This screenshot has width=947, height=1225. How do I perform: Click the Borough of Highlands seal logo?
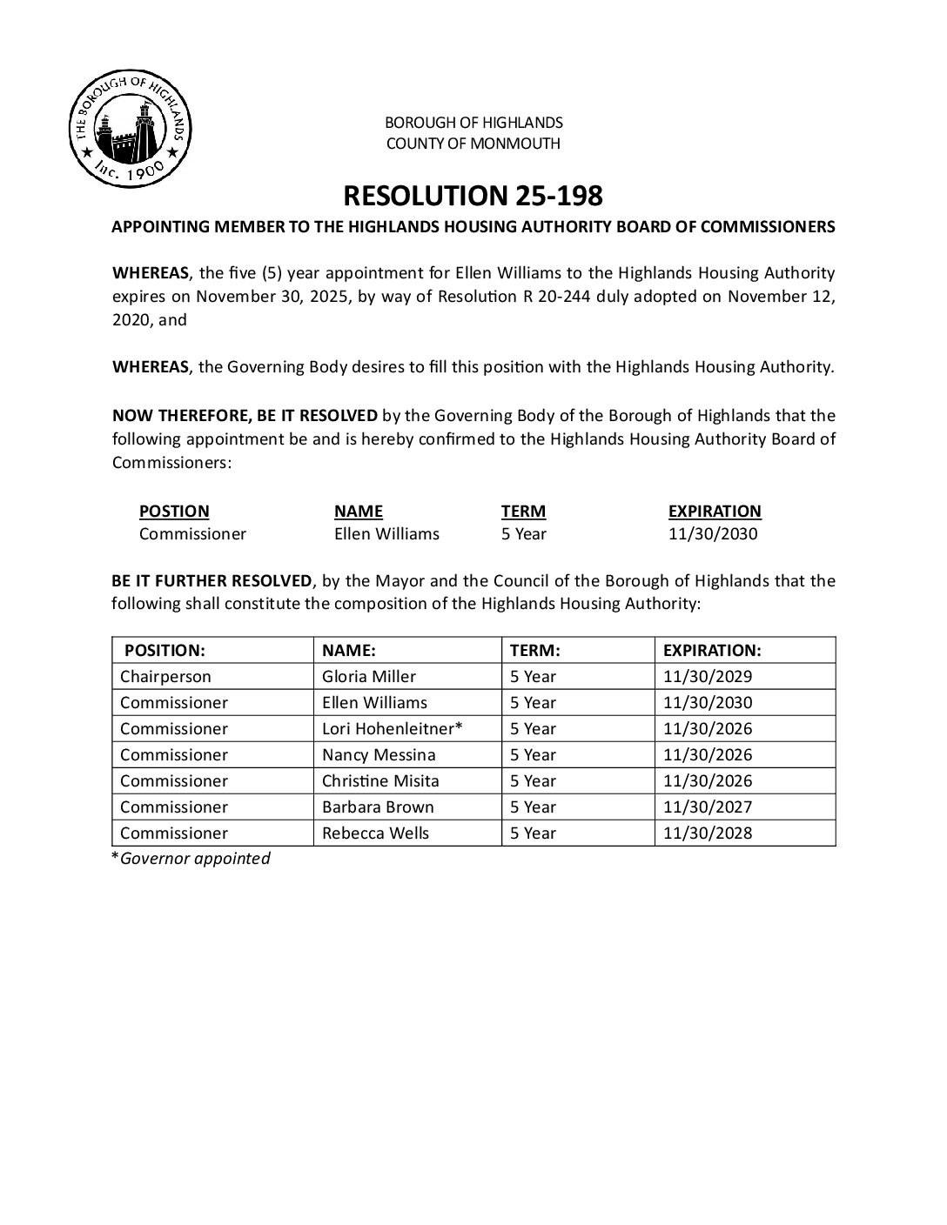130,130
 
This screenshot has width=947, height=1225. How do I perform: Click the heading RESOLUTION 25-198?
473,196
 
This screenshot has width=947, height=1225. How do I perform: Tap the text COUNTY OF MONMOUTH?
473,144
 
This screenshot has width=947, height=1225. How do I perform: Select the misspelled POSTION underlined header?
174,511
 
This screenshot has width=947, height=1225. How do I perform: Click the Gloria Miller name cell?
369,676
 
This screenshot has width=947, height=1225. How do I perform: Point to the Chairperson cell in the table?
165,676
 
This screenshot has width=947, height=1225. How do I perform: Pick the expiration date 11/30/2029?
707,676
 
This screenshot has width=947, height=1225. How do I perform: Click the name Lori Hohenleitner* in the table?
392,728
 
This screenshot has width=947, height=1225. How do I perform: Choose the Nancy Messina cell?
379,754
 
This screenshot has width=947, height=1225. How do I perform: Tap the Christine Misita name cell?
380,780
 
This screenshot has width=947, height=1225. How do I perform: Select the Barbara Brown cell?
378,807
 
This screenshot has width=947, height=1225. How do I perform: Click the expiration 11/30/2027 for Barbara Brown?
707,807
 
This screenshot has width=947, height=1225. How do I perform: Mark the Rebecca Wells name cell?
375,833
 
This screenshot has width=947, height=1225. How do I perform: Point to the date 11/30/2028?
707,833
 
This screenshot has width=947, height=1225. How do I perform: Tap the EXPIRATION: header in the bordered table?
712,650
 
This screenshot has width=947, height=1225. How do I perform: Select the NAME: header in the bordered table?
348,650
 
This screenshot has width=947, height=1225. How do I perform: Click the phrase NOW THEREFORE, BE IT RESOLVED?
245,416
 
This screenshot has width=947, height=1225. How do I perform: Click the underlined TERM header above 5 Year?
523,511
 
